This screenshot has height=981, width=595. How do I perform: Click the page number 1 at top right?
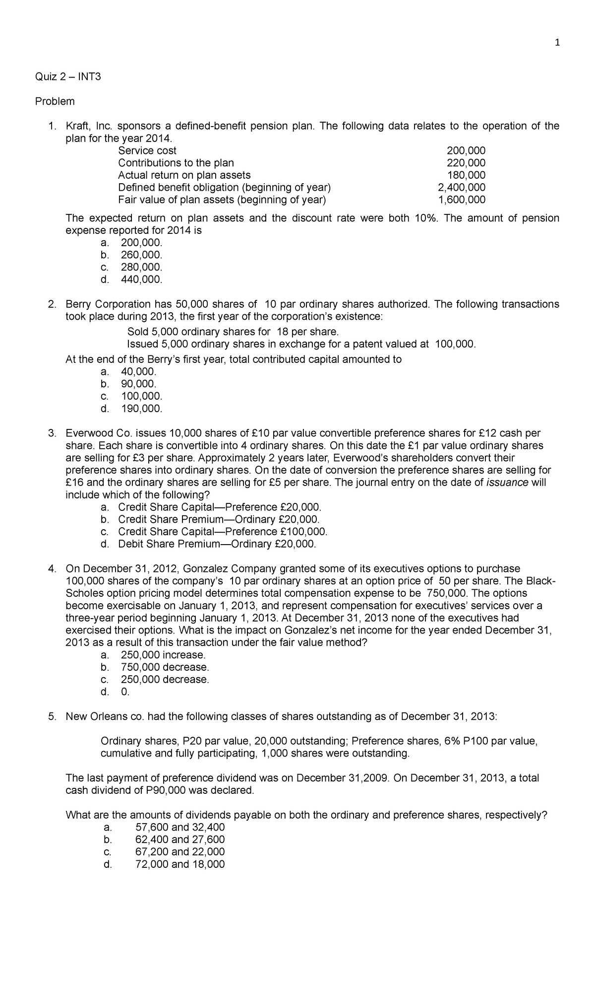(557, 43)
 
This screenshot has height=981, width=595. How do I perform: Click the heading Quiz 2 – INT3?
(67, 77)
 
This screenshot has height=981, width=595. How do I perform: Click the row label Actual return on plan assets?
(184, 175)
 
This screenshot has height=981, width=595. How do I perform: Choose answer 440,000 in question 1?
(141, 280)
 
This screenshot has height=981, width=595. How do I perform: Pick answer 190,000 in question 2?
(141, 409)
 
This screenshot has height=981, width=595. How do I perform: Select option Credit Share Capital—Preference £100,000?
(223, 531)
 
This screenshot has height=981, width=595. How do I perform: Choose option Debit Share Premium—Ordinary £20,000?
(217, 544)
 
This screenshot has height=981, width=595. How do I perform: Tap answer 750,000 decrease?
(165, 667)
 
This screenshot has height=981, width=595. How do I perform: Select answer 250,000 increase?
(163, 654)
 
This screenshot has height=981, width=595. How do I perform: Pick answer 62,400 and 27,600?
(179, 839)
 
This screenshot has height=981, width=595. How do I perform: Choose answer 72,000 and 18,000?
(179, 864)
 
